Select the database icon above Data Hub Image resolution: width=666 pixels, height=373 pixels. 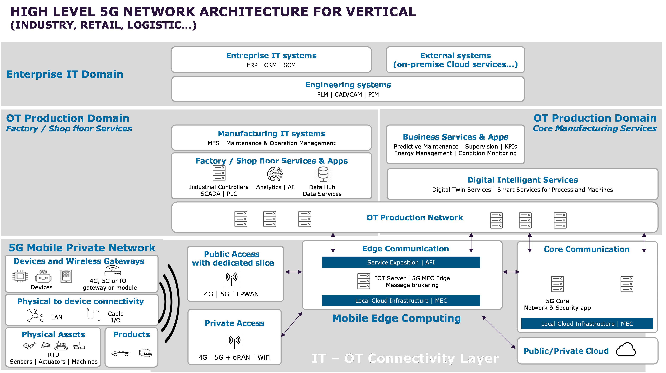point(323,174)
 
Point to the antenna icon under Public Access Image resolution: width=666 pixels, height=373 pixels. point(232,278)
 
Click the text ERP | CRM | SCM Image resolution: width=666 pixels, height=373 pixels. point(271,65)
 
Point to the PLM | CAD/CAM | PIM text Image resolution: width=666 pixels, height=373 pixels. point(348,95)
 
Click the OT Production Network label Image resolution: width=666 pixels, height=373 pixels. point(414,218)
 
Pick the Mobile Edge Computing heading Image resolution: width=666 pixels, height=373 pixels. point(396,318)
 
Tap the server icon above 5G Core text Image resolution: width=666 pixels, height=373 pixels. point(557,284)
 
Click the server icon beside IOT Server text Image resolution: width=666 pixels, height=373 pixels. point(363,281)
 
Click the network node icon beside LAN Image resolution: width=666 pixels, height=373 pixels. point(35,315)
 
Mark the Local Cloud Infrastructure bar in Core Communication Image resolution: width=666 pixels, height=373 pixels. point(587,324)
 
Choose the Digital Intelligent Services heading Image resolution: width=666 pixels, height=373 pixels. point(523,180)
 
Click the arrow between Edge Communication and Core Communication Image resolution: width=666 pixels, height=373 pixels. point(511,272)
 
